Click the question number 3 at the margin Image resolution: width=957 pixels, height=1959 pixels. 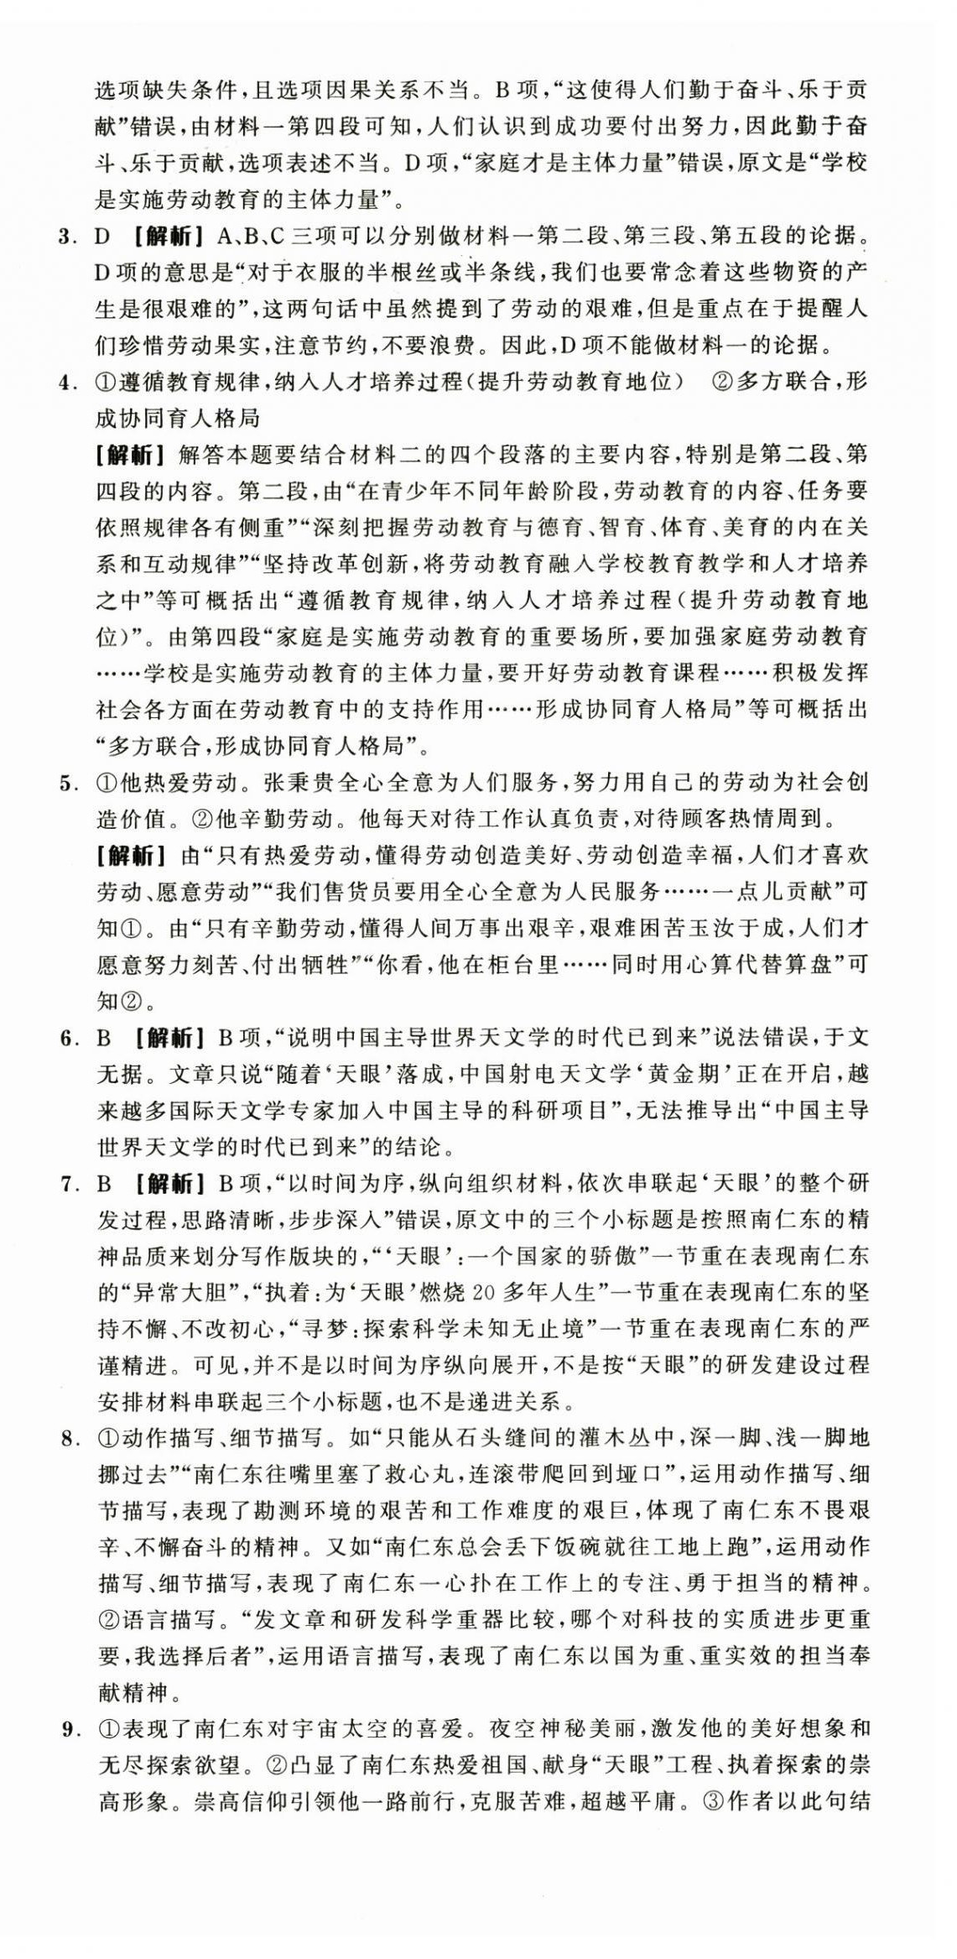click(x=66, y=237)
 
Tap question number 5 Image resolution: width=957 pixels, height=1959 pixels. click(x=66, y=784)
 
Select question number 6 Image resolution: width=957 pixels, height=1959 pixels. click(x=66, y=1039)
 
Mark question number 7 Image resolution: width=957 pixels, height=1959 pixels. click(x=66, y=1185)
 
